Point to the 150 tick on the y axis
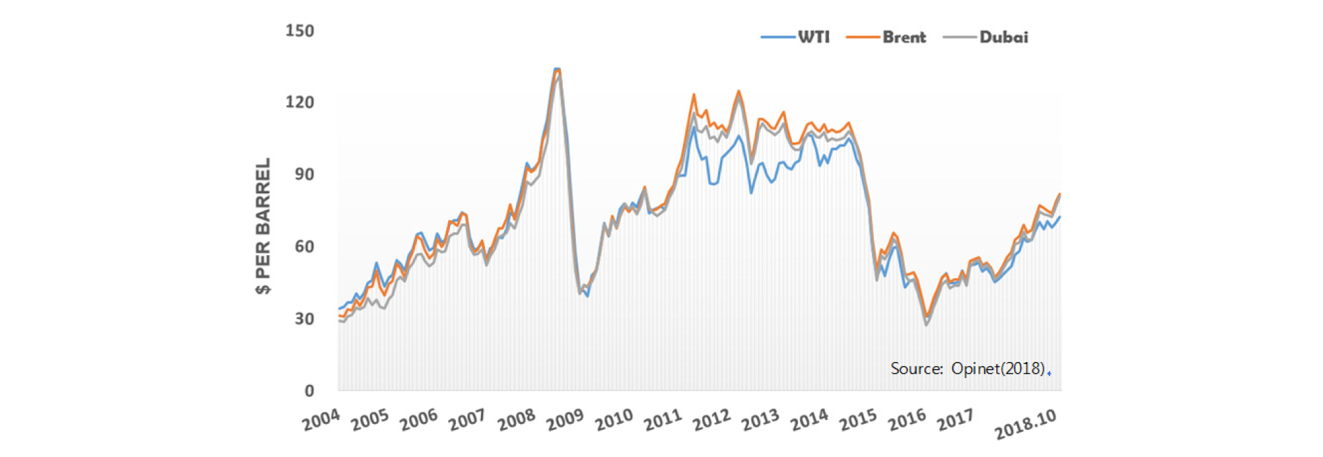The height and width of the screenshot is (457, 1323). (299, 31)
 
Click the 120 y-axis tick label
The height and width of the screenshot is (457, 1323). (299, 102)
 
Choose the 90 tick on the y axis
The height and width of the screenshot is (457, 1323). (304, 174)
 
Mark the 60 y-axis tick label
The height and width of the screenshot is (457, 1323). (304, 247)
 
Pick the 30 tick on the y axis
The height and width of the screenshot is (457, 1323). (304, 319)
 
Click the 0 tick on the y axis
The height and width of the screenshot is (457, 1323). (308, 390)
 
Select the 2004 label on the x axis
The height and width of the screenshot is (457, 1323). (321, 420)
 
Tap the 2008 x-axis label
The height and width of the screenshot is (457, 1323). (516, 420)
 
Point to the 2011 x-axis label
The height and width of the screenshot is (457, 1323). (662, 420)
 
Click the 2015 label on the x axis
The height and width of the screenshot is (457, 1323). (857, 420)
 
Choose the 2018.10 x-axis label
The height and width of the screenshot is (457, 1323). (1025, 424)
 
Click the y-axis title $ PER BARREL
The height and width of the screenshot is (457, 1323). (263, 226)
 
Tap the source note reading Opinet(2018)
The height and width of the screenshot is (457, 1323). (967, 368)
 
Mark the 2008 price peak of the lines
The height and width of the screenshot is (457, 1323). (557, 69)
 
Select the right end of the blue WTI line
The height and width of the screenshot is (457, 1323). (1059, 217)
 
